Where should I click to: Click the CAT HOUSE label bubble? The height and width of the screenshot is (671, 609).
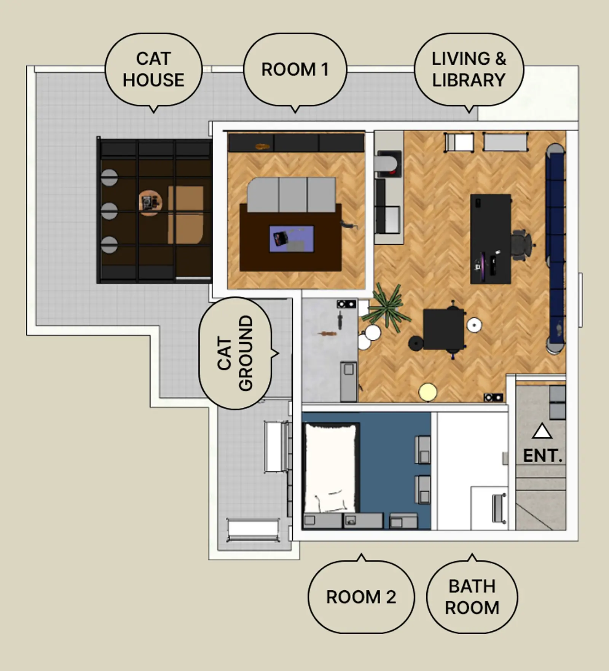153,70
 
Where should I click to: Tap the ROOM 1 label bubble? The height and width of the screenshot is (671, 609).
295,70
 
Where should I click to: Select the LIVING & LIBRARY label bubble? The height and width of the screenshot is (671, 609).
469,70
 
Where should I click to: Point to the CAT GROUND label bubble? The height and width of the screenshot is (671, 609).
236,353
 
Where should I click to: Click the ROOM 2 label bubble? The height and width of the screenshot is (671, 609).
361,596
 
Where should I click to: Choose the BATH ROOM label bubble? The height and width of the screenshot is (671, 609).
472,596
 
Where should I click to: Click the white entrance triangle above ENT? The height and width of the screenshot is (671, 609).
542,432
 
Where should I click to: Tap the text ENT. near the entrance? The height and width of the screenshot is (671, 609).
542,456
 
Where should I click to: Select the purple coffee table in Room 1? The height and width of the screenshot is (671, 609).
292,239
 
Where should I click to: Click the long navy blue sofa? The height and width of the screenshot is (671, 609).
555,248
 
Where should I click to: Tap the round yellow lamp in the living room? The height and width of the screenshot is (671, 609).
428,392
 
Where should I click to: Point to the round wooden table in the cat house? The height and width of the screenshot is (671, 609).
151,203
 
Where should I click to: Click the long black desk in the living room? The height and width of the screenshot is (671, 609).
491,239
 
